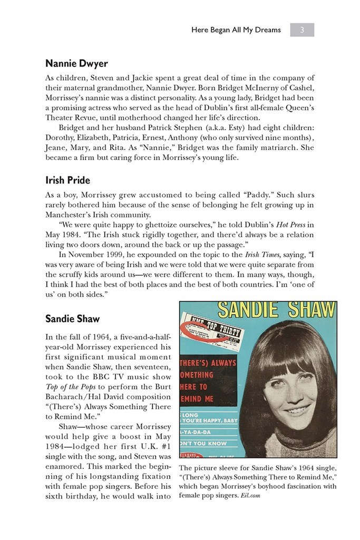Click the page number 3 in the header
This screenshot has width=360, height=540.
click(x=302, y=30)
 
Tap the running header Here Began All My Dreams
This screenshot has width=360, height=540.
click(x=236, y=30)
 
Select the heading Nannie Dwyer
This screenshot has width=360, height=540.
click(x=76, y=64)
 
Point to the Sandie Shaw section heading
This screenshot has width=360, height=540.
click(x=72, y=319)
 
